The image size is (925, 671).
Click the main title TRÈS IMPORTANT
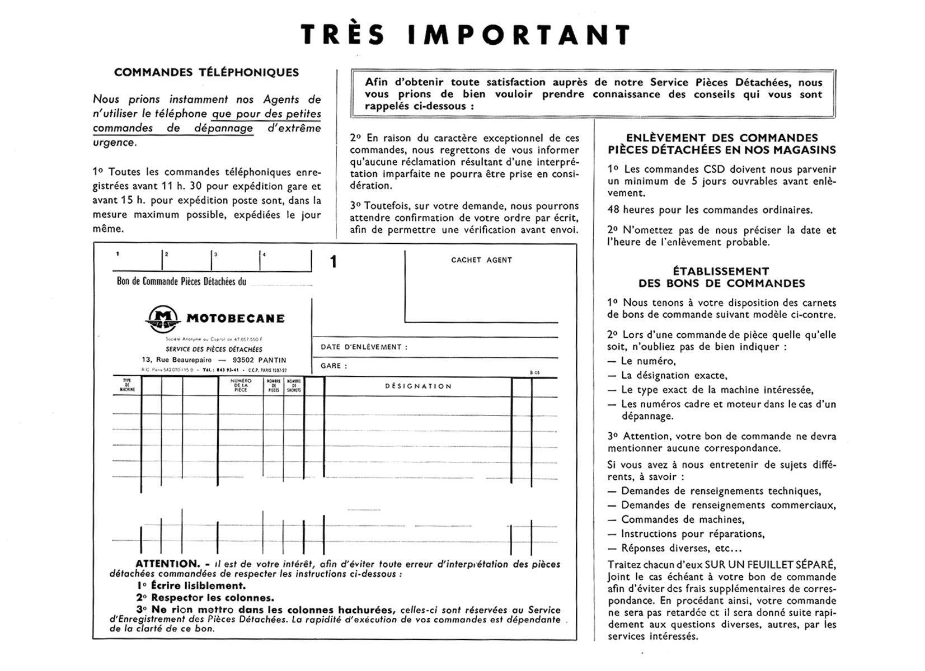[x=466, y=35]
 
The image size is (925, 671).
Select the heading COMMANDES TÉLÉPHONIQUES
[x=206, y=72]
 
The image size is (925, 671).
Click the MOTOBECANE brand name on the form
[x=235, y=319]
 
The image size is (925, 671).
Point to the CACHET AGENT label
[x=481, y=260]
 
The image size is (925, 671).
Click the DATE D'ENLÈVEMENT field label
[x=364, y=347]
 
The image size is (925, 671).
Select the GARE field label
[x=334, y=366]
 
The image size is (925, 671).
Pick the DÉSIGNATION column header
[x=418, y=386]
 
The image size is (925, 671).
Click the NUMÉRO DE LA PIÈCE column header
[x=241, y=385]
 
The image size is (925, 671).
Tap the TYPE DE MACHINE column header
[x=127, y=385]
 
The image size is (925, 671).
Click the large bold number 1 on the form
[x=334, y=262]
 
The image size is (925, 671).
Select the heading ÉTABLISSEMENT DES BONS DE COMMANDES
[x=721, y=277]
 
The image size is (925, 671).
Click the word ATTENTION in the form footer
[x=167, y=564]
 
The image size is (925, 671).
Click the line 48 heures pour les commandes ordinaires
[x=710, y=210]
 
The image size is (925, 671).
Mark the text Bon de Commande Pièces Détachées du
[x=181, y=281]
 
